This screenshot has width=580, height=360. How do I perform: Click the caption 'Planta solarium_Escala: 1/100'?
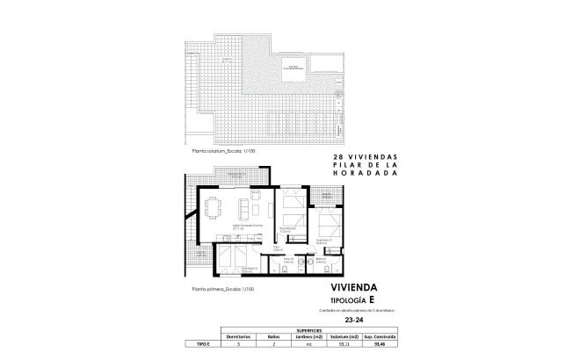217,151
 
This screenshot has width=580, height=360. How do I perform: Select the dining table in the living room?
214,208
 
